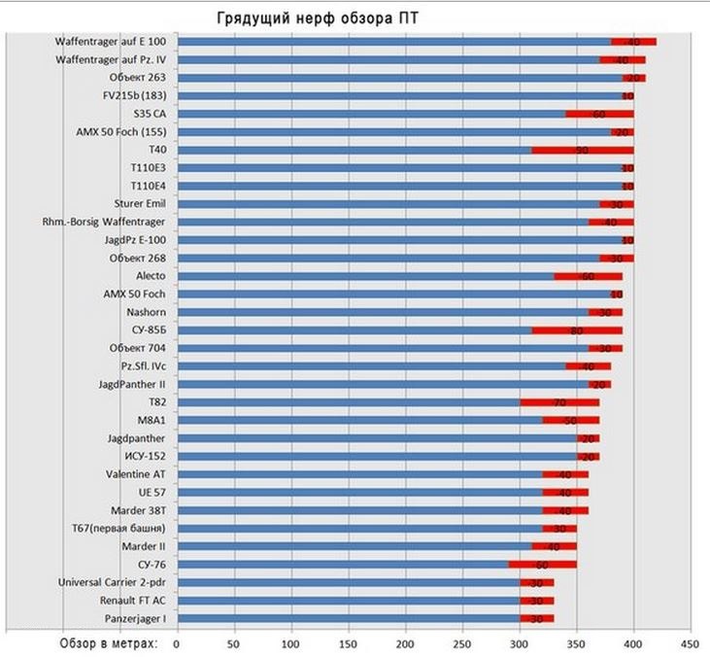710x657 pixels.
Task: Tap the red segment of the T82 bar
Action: (x=559, y=401)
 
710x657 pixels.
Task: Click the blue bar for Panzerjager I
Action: (x=350, y=618)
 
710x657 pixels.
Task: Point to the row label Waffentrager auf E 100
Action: (x=113, y=42)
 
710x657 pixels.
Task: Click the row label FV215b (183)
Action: (x=135, y=96)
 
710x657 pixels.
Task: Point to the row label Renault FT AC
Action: (x=132, y=600)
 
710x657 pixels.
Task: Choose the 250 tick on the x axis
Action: (x=462, y=642)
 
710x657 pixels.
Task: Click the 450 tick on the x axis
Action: (x=691, y=642)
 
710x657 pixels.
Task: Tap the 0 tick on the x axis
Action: (x=177, y=642)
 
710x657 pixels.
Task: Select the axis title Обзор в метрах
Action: (x=106, y=642)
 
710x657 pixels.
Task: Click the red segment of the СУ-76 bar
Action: (x=543, y=564)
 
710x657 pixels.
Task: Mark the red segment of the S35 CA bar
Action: (x=599, y=115)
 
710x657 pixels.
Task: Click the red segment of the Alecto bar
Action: (x=589, y=276)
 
